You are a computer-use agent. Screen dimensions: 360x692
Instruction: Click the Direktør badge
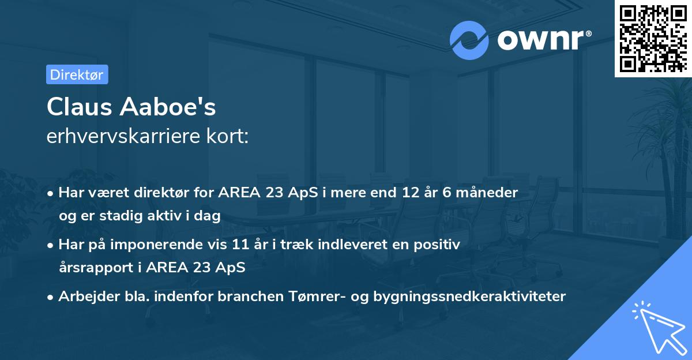click(x=77, y=74)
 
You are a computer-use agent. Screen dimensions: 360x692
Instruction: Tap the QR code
click(x=653, y=38)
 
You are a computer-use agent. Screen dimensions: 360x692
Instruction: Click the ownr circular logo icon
click(x=469, y=40)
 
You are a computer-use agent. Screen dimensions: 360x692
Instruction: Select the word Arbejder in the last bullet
click(x=84, y=296)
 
